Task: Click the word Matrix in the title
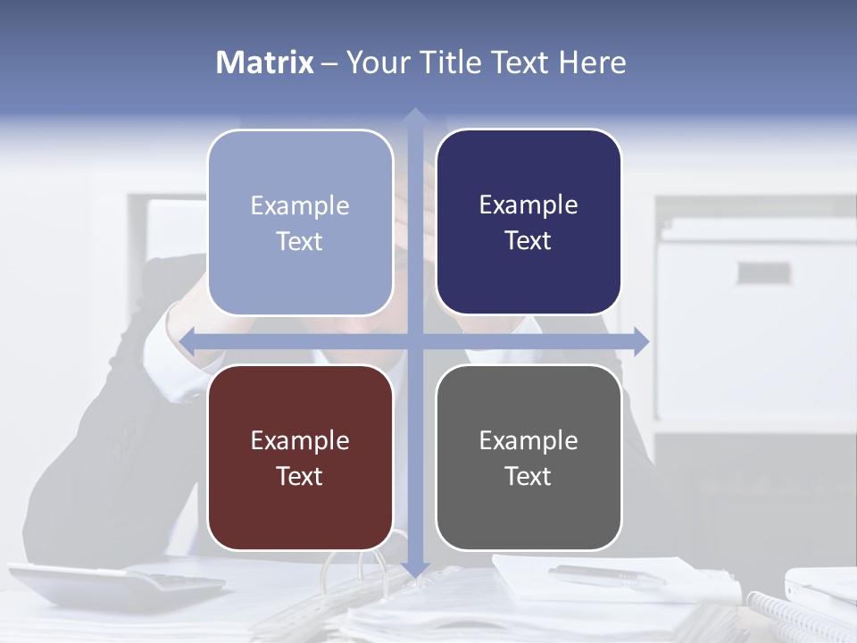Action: [265, 63]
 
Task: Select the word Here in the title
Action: [592, 63]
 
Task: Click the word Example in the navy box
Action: [528, 205]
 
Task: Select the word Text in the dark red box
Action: [299, 476]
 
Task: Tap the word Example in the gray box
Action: [528, 440]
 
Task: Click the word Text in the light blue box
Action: [299, 241]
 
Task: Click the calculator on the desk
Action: [116, 584]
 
